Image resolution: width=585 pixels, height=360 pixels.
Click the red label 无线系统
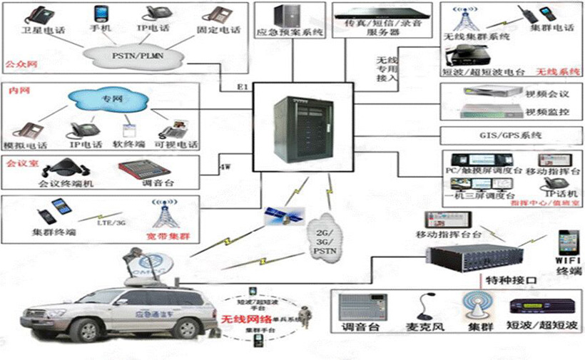(x=557, y=71)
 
